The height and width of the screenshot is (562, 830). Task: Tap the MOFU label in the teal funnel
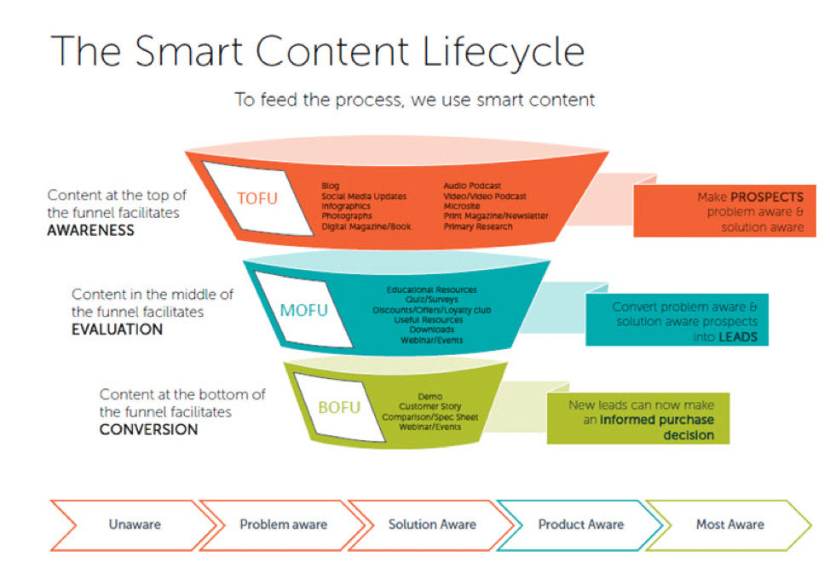click(303, 309)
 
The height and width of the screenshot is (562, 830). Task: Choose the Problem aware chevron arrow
click(283, 524)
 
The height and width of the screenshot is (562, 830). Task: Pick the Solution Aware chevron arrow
click(432, 524)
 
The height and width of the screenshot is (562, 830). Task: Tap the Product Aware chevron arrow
click(581, 524)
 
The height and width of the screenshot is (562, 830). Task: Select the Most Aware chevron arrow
click(730, 524)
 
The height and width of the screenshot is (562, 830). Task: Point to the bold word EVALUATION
click(117, 330)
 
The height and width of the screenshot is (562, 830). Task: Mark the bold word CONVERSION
click(148, 429)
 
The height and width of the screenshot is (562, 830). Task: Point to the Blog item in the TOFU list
click(331, 186)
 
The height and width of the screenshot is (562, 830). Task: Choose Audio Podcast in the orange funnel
click(472, 186)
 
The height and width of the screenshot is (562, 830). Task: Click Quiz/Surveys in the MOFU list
click(432, 300)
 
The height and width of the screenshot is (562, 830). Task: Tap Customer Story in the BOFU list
click(430, 407)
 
